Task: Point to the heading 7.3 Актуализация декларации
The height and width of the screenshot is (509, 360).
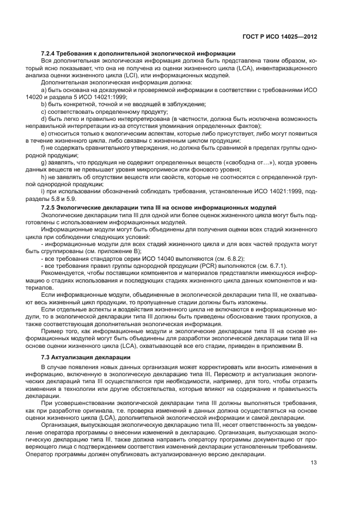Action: (x=86, y=357)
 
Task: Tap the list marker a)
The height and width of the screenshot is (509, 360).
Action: (x=44, y=89)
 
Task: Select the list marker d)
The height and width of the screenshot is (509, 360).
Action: (x=44, y=118)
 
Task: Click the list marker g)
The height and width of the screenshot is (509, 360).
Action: (x=44, y=163)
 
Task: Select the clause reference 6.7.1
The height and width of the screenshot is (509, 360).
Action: (x=275, y=265)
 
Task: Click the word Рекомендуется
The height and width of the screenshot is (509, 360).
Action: (x=64, y=272)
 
